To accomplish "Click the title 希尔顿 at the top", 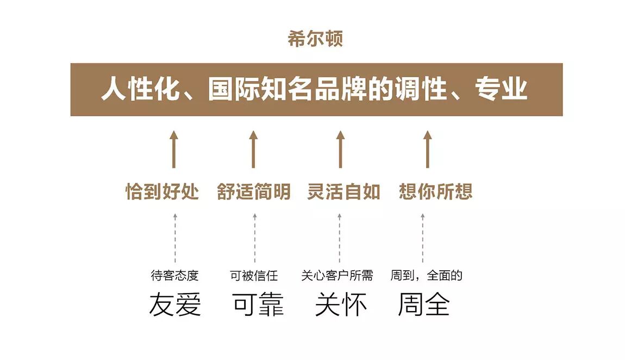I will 316,39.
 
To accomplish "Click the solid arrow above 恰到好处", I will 174,149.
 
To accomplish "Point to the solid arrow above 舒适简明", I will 253,149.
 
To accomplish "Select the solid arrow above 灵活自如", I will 340,149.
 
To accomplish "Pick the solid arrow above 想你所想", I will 427,149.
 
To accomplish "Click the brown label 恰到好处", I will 162,191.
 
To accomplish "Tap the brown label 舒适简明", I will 254,191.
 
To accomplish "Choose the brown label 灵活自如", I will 343,191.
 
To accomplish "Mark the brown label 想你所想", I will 435,191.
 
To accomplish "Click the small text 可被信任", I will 254,276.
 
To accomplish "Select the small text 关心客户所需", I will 337,276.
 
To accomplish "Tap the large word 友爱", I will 175,305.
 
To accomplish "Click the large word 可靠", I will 258,305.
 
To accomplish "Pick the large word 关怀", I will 341,305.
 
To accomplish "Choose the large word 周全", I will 423,305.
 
